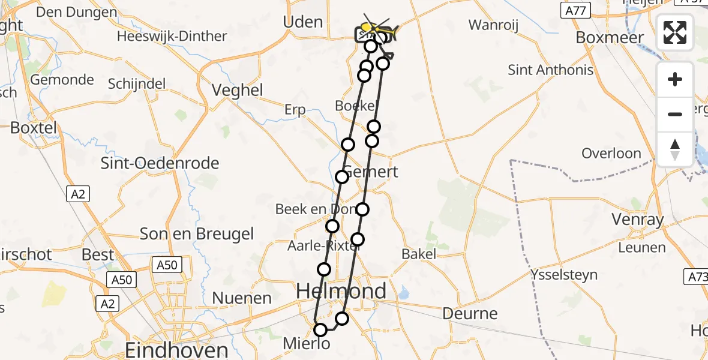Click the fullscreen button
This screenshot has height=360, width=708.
pos(675,32)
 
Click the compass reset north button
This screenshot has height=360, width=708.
pos(675,149)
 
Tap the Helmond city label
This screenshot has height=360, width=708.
pos(342,292)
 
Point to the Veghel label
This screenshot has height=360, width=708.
pos(238,90)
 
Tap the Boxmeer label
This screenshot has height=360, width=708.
pos(610,37)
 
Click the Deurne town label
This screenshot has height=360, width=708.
pos(470,313)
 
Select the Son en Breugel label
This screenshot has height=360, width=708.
pos(197,233)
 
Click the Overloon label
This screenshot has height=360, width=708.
pos(611,154)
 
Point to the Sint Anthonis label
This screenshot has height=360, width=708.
pos(550,70)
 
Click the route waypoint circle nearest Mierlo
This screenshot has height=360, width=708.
pos(320,329)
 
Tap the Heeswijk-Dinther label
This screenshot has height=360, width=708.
pos(172,36)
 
